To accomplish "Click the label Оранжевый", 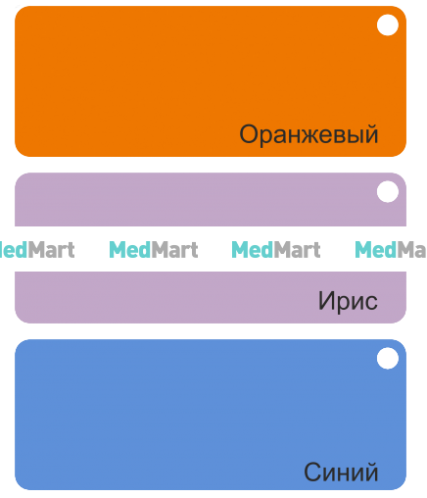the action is pyautogui.click(x=308, y=134).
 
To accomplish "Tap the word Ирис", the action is pyautogui.click(x=348, y=301).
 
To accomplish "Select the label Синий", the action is pyautogui.click(x=341, y=473).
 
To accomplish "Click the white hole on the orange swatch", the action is pyautogui.click(x=388, y=25).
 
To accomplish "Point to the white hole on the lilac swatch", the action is pyautogui.click(x=388, y=191).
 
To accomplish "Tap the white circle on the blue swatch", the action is pyautogui.click(x=388, y=358).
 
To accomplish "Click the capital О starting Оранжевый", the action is pyautogui.click(x=250, y=134).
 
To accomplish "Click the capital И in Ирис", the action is pyautogui.click(x=326, y=301).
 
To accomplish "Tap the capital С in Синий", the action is pyautogui.click(x=313, y=472).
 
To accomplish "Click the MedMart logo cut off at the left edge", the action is pyautogui.click(x=37, y=250).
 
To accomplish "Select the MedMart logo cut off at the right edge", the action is pyautogui.click(x=391, y=250).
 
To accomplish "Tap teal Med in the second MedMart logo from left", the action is pyautogui.click(x=130, y=250).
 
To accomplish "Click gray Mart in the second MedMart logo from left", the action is pyautogui.click(x=174, y=250).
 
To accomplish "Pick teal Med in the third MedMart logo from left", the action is pyautogui.click(x=253, y=250).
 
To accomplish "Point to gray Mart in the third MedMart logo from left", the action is pyautogui.click(x=297, y=250).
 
